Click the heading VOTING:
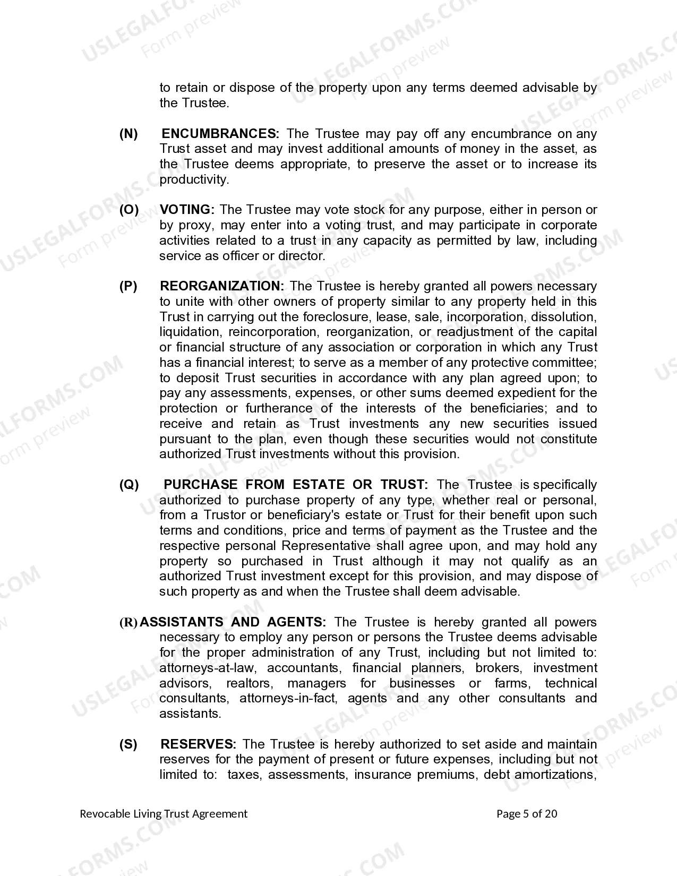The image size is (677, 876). click(187, 210)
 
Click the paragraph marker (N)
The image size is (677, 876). click(128, 134)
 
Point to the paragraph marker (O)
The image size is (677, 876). click(129, 210)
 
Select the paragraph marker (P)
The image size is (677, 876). click(128, 286)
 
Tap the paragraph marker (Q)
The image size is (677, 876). click(129, 485)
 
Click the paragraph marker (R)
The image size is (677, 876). click(128, 622)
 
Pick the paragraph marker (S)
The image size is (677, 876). click(128, 744)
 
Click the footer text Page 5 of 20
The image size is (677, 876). click(527, 814)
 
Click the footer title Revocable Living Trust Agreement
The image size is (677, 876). click(164, 814)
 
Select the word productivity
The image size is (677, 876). click(194, 180)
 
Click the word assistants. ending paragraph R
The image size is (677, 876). click(190, 714)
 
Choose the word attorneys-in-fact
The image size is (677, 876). click(288, 699)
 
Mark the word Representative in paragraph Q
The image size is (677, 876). click(325, 546)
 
